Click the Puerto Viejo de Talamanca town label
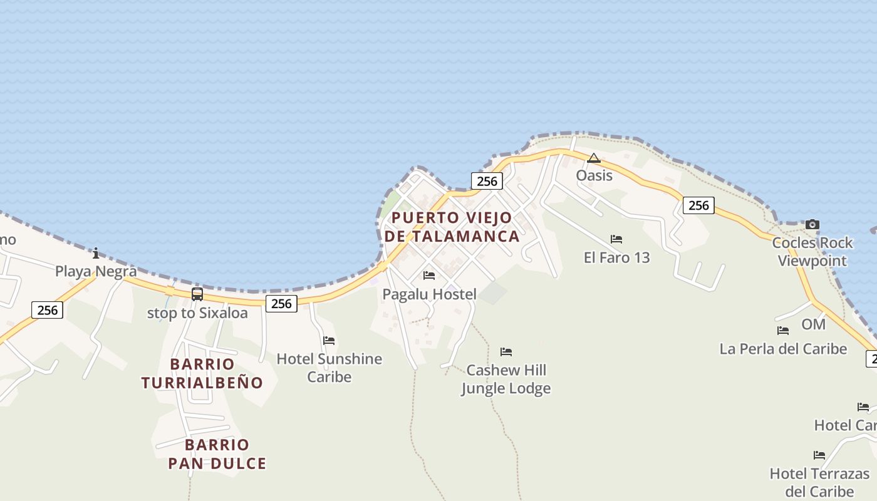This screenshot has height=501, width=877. (x=452, y=227)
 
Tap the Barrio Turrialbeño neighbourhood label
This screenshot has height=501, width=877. (x=202, y=373)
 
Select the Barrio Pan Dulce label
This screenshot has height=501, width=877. (x=217, y=454)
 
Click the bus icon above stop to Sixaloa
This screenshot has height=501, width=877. (x=197, y=294)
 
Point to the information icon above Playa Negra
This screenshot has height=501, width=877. (x=96, y=253)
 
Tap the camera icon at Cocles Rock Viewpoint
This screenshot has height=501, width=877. (x=812, y=224)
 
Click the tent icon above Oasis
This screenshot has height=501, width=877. (x=594, y=158)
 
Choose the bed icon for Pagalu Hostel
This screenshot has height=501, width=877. (x=429, y=275)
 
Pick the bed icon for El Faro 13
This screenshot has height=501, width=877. (x=616, y=239)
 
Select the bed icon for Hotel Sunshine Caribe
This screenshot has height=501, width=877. (x=329, y=340)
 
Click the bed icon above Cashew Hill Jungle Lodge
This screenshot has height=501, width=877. (x=506, y=351)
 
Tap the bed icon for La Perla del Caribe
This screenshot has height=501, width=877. (x=783, y=330)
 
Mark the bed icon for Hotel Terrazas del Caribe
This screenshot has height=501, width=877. (x=819, y=455)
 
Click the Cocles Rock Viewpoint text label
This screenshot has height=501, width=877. (x=812, y=252)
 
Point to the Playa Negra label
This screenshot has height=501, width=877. (x=96, y=271)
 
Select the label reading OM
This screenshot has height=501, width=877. (x=814, y=324)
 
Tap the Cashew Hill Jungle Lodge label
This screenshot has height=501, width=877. (x=506, y=379)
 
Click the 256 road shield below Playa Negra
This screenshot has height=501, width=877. (x=48, y=309)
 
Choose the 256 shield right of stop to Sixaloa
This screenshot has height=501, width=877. (x=282, y=303)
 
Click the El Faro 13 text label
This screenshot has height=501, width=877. (x=617, y=257)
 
